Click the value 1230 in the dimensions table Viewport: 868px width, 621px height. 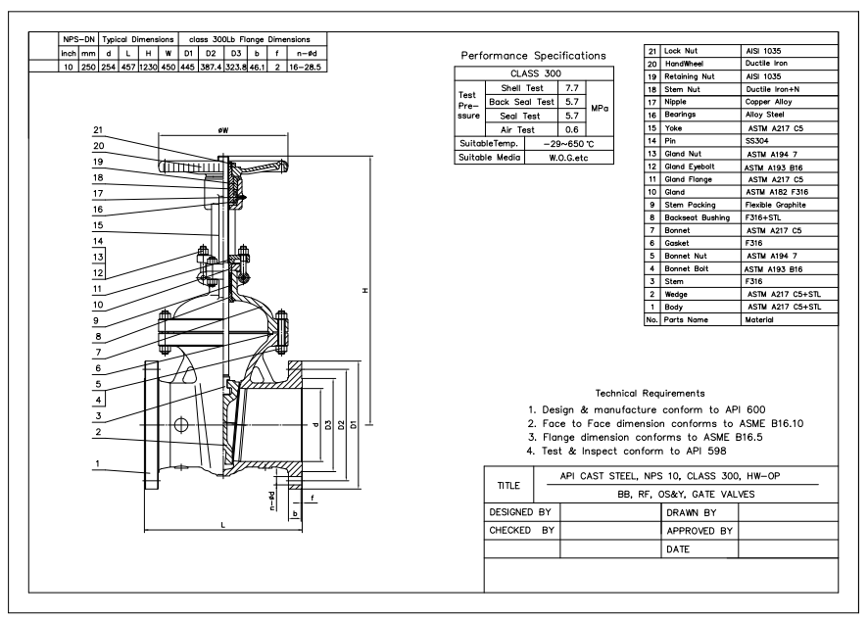click(x=145, y=67)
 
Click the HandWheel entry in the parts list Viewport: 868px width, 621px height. click(x=683, y=62)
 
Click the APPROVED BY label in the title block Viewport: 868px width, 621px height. click(x=699, y=531)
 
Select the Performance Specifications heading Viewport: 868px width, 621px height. click(x=533, y=56)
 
